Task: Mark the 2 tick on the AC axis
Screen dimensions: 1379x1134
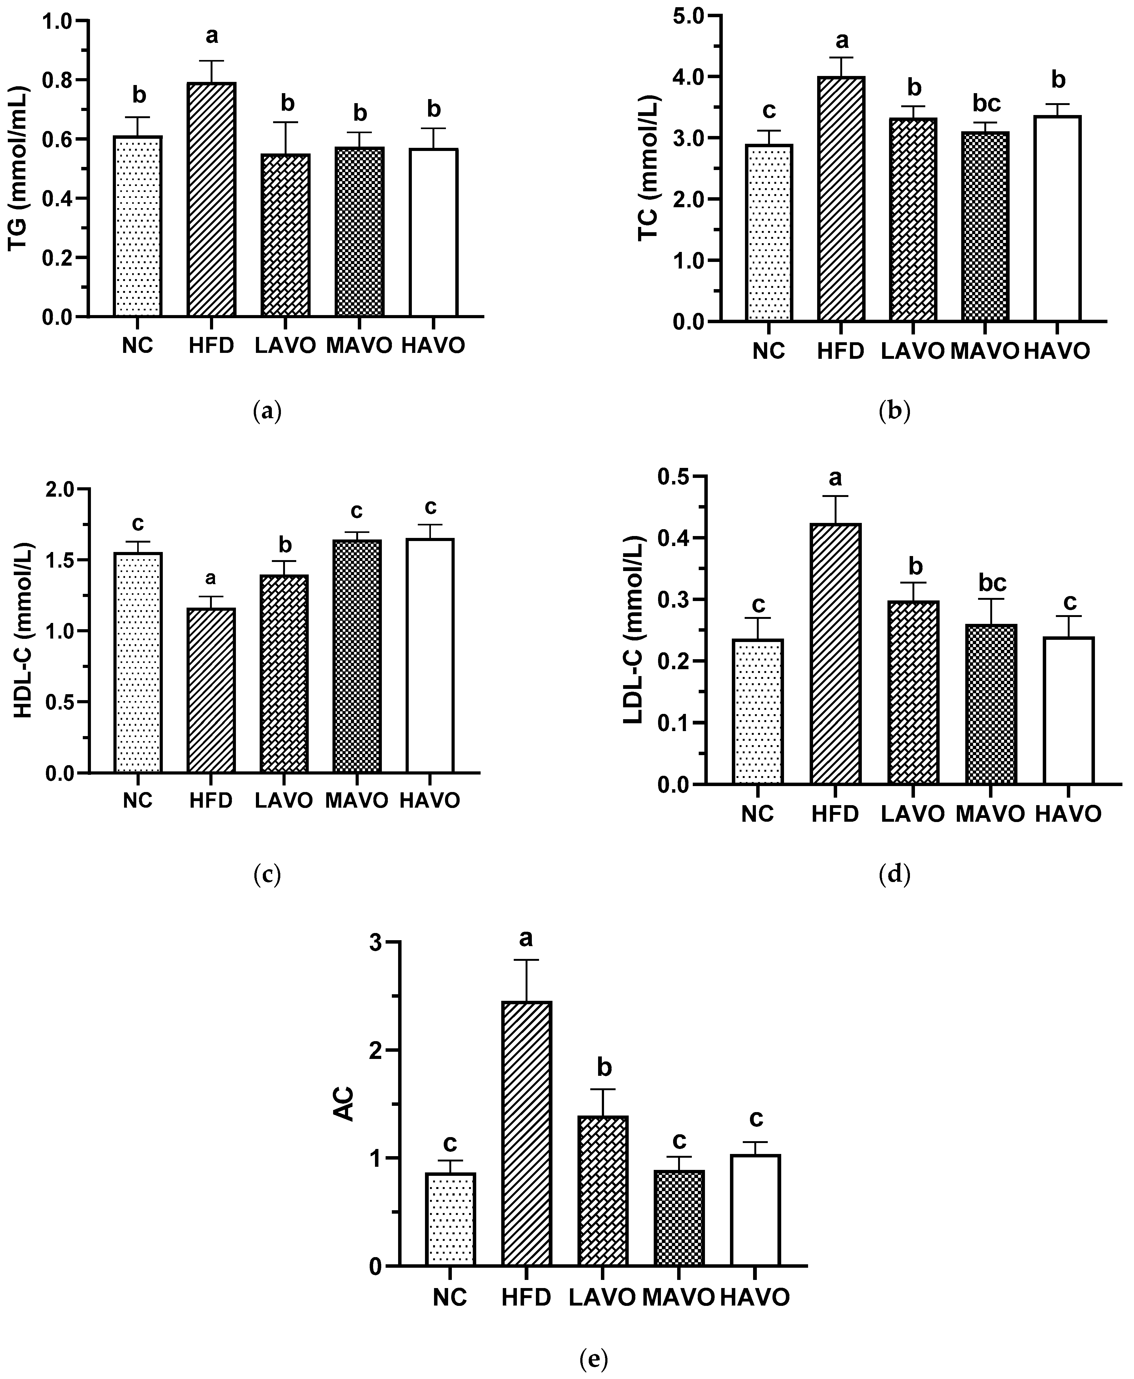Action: (x=375, y=1050)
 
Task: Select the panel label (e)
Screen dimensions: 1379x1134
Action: (x=593, y=1354)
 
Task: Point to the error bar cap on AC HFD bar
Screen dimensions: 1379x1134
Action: (x=527, y=960)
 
